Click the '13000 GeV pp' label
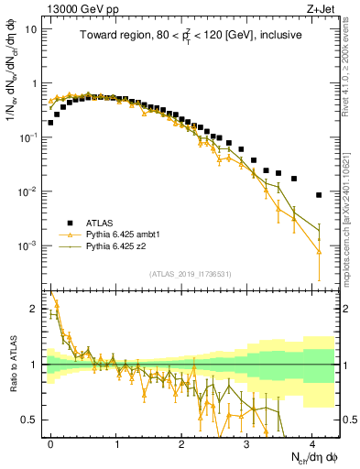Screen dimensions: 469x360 pos(77,8)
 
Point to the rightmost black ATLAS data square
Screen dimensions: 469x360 pos(319,195)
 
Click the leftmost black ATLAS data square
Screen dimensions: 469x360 pos(50,122)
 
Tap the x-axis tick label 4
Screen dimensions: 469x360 pos(312,443)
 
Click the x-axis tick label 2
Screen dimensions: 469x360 pos(181,443)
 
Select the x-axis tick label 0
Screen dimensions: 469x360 pos(50,443)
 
